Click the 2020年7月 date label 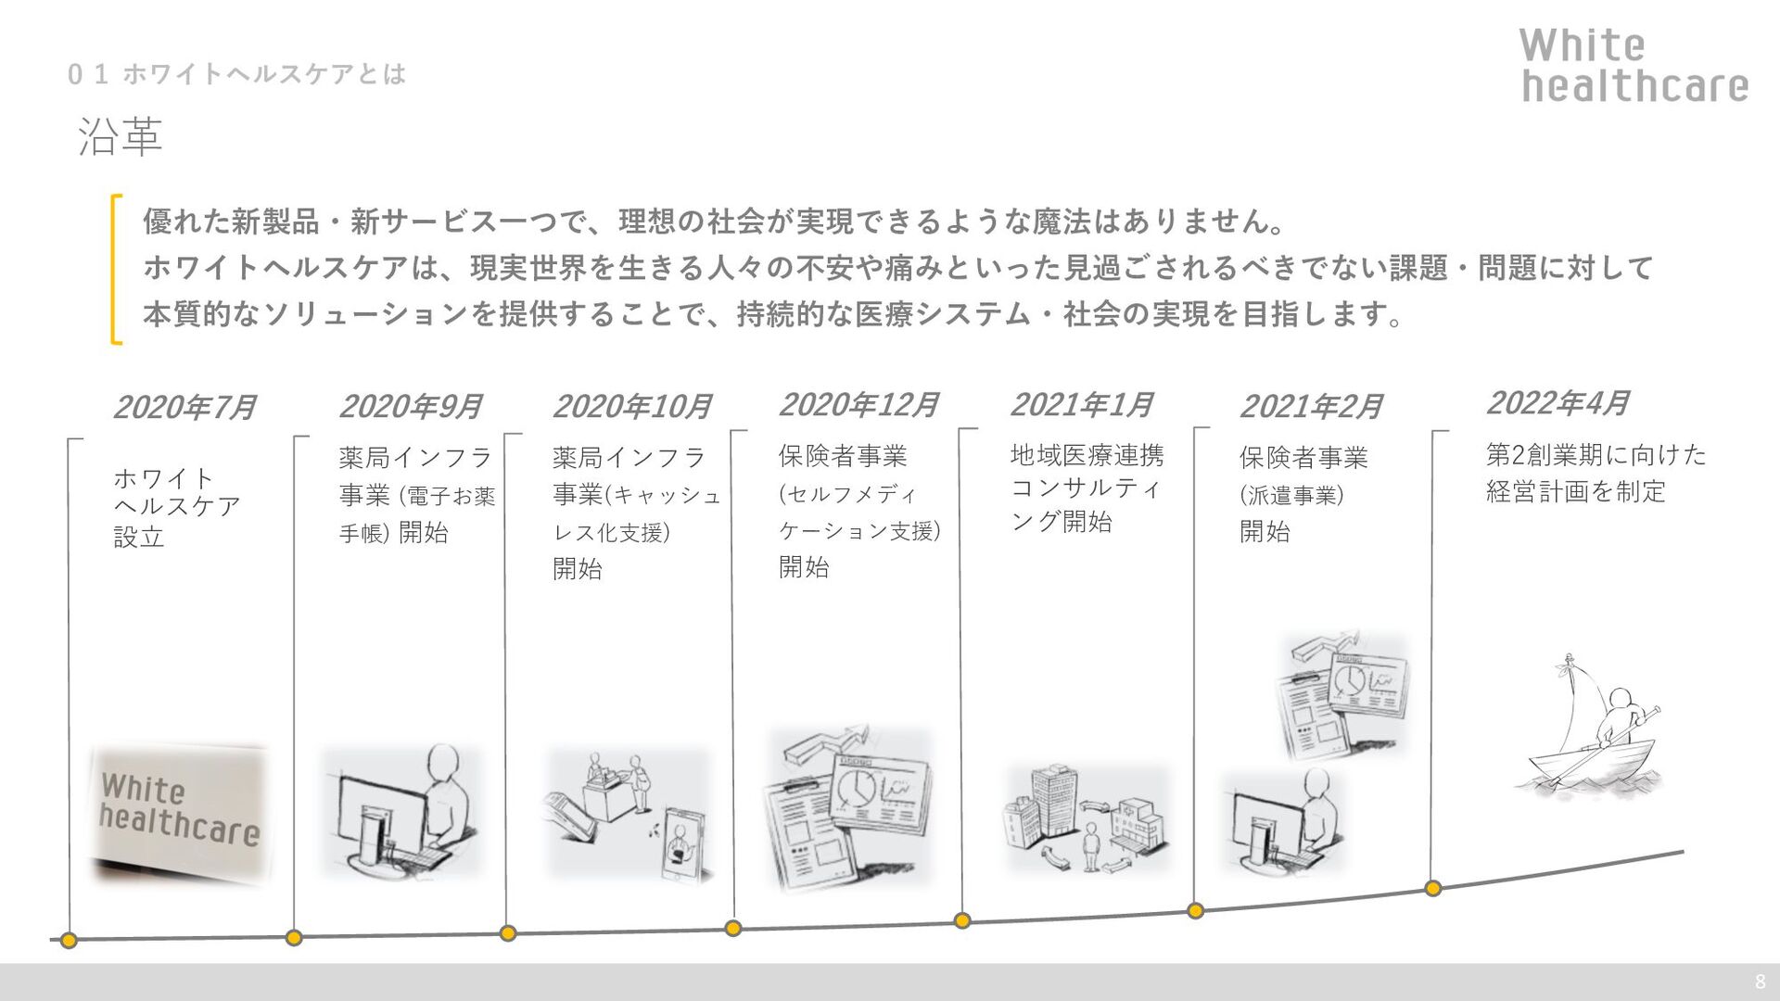[x=184, y=408]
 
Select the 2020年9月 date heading [x=410, y=407]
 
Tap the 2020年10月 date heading [x=631, y=407]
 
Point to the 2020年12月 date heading [x=858, y=405]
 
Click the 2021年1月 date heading [x=1081, y=405]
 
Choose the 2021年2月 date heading [x=1310, y=407]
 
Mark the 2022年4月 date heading [x=1557, y=403]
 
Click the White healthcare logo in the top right [x=1634, y=65]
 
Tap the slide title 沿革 [x=121, y=137]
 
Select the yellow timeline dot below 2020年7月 [x=69, y=941]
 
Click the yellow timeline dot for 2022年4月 [x=1433, y=889]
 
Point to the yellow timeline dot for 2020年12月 [x=733, y=929]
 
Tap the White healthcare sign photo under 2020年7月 [x=179, y=813]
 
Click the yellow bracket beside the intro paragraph [x=116, y=269]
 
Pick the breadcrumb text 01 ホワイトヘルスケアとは [x=236, y=74]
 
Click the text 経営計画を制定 [x=1575, y=492]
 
